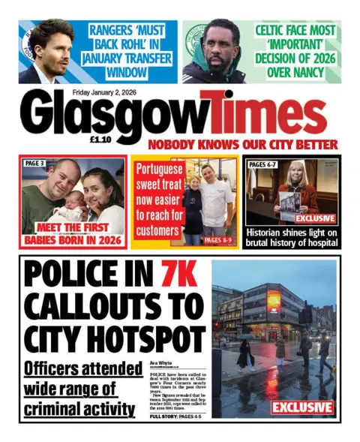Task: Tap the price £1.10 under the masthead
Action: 100,139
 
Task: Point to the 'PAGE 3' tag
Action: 36,163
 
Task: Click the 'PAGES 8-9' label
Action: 218,240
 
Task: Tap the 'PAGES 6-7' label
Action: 262,164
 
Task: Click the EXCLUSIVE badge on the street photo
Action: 302,407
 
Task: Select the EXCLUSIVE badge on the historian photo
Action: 314,218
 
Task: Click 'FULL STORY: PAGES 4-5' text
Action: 177,415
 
